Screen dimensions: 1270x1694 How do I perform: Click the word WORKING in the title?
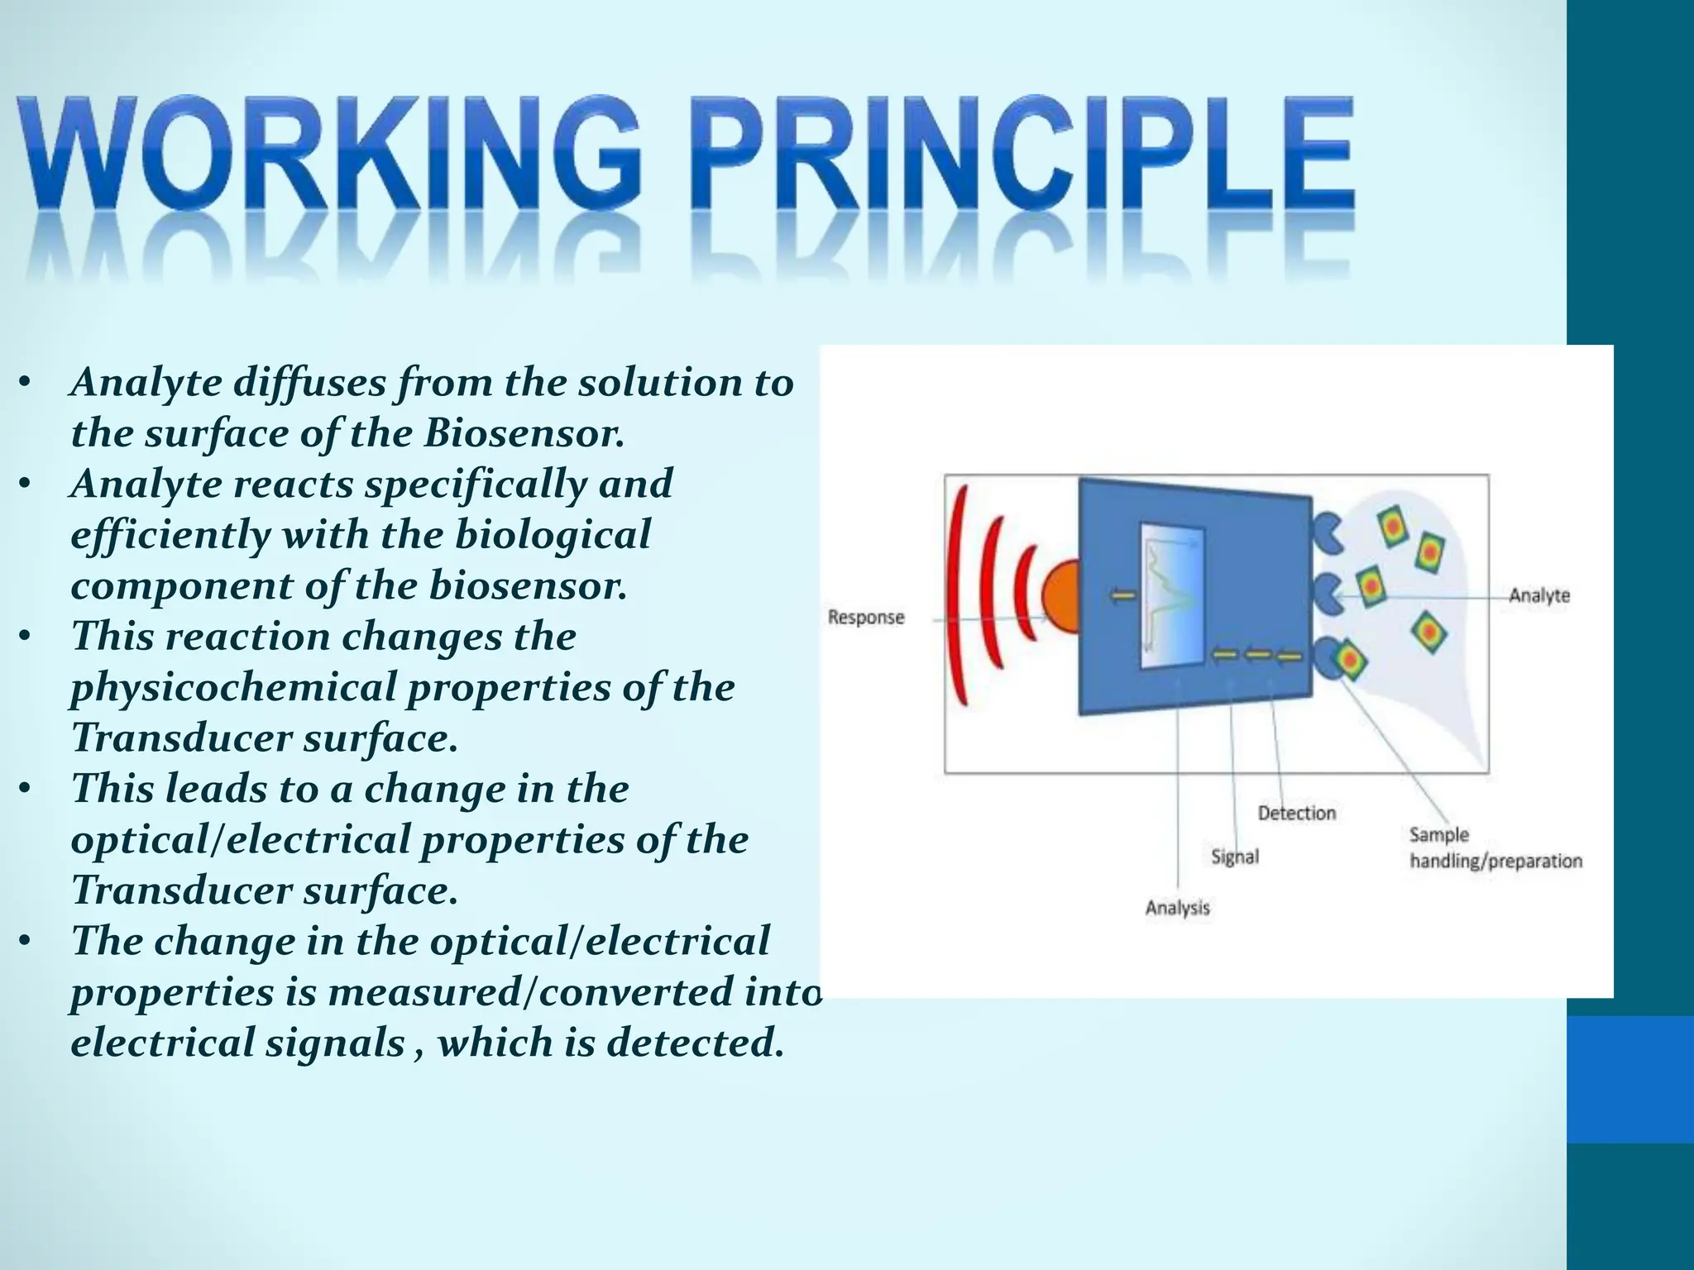[x=331, y=157]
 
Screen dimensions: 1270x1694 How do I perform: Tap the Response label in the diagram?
[x=865, y=618]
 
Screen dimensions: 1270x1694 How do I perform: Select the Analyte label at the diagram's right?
[x=1538, y=595]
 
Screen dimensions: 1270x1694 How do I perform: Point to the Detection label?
[x=1296, y=813]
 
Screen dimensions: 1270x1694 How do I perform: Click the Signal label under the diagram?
[x=1234, y=857]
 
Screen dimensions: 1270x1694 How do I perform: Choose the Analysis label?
[x=1177, y=908]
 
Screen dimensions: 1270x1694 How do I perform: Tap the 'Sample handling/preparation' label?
[x=1495, y=848]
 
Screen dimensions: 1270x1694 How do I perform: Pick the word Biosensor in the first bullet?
[x=523, y=433]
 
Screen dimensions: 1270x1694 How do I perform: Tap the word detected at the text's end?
[x=693, y=1043]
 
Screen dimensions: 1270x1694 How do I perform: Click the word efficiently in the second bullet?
[x=170, y=535]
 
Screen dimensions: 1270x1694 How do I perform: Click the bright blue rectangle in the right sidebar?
[x=1629, y=1079]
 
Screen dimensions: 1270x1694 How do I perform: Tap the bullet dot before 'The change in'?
[x=26, y=941]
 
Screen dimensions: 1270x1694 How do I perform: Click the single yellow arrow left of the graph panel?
[x=1122, y=595]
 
